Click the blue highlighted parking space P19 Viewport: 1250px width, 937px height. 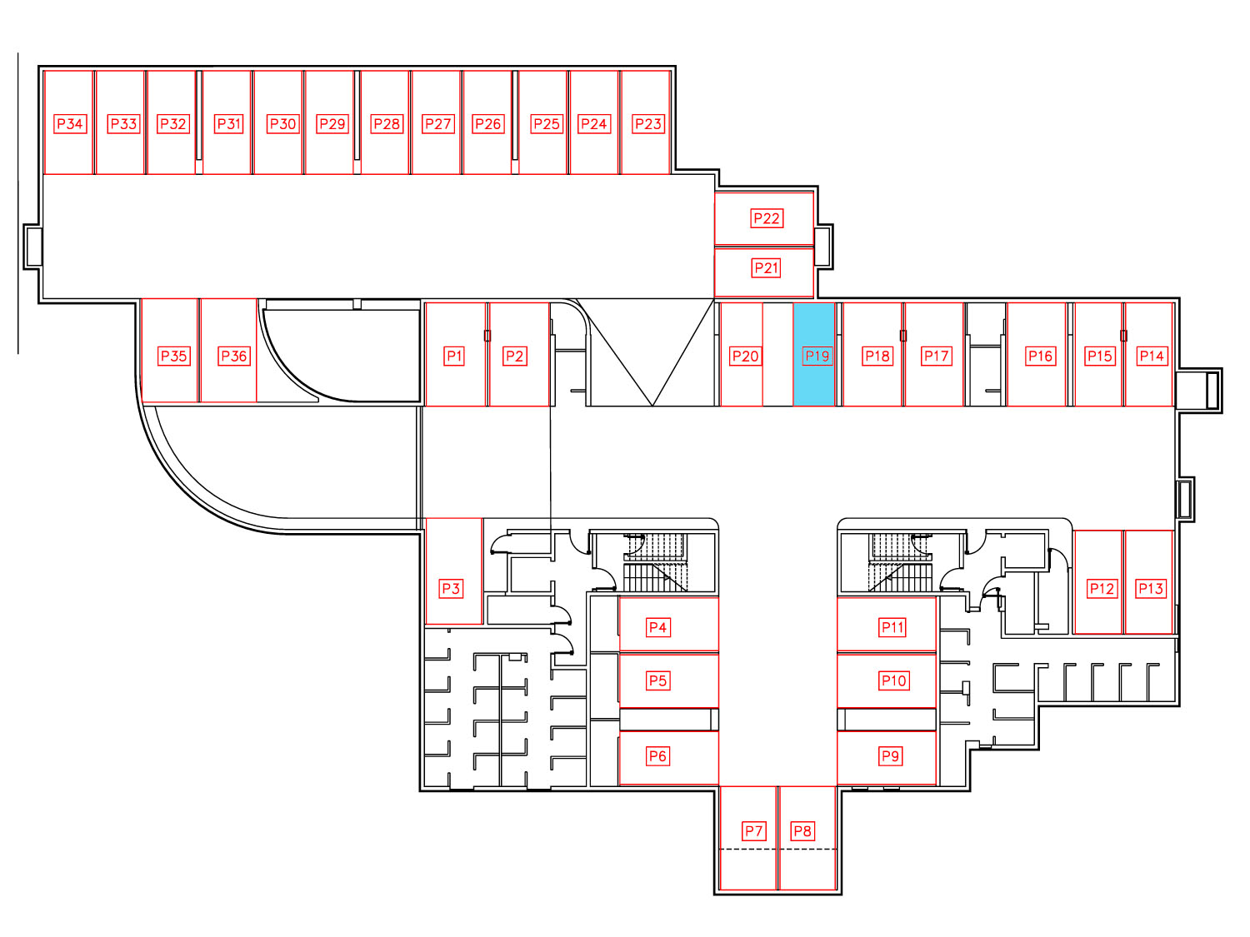814,354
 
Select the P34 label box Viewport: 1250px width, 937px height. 70,123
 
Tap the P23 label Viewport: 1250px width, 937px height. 648,123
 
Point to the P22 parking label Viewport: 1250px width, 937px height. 767,218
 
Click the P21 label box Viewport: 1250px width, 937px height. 766,267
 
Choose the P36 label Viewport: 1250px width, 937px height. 234,356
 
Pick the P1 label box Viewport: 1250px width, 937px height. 454,356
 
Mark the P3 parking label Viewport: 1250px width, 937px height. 451,588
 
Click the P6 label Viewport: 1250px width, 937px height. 657,756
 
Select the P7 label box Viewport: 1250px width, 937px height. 754,831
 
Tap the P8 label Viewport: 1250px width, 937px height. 802,831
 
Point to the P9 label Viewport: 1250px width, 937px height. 890,756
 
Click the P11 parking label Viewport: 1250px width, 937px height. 892,627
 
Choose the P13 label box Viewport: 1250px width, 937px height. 1150,588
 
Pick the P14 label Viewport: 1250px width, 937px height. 1152,356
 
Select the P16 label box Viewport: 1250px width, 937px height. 1041,356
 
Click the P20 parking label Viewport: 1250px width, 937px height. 746,356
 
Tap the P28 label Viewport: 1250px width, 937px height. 387,123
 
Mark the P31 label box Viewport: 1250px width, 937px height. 229,123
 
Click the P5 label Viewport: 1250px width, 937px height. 657,680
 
